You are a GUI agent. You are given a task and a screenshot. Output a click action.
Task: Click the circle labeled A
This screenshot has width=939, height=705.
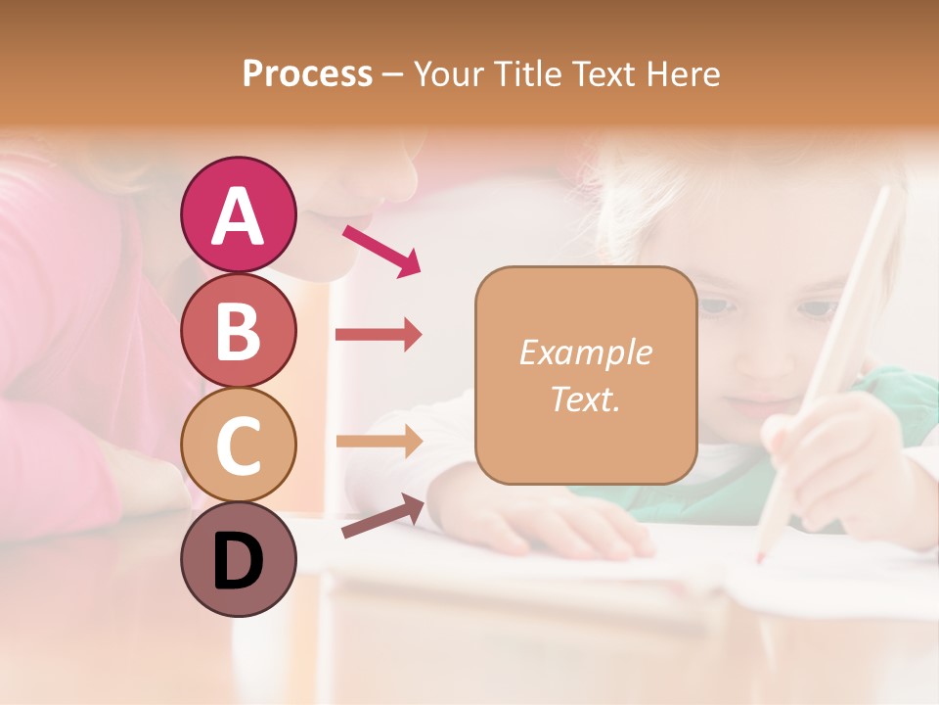[x=238, y=214]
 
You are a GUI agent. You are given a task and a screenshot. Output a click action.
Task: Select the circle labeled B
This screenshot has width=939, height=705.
[x=238, y=330]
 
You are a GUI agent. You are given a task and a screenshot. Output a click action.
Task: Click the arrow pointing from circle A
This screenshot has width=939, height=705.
[x=381, y=250]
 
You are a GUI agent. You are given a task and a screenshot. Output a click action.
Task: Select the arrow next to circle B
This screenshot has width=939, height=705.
[x=379, y=335]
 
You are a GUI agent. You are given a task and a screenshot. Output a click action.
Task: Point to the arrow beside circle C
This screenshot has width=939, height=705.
[x=379, y=441]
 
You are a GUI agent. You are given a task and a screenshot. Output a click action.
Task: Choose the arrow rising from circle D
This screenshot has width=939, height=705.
[x=382, y=515]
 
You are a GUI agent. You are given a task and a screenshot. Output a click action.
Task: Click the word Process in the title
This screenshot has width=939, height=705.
[x=307, y=74]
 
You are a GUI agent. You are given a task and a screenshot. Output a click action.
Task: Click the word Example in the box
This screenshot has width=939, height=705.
[x=585, y=352]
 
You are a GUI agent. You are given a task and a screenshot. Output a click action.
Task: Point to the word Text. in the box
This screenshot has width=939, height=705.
[x=585, y=399]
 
